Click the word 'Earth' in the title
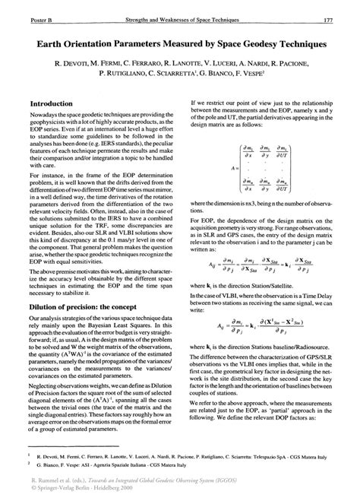[47, 46]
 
